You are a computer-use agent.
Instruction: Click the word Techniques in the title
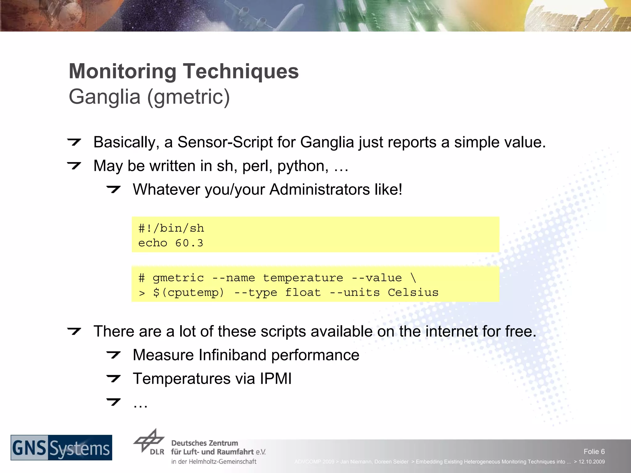tap(241, 71)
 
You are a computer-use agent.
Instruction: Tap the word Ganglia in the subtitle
tap(104, 97)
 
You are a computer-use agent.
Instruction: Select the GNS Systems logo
tap(61, 447)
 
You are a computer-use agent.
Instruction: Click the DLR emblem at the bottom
tap(149, 441)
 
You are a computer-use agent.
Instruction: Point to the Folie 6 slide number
tap(594, 451)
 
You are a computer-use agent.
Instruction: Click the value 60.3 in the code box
tap(189, 243)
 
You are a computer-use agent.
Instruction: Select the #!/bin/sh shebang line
tap(171, 228)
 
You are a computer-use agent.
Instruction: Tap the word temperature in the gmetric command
tap(303, 278)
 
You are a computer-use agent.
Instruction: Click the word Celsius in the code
tap(413, 293)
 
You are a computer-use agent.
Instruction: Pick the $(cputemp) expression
tap(189, 293)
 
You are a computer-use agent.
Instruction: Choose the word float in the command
tap(303, 293)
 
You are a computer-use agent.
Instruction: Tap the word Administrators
tap(320, 189)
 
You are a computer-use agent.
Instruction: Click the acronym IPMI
tap(275, 378)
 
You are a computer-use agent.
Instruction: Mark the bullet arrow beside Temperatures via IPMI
tap(113, 378)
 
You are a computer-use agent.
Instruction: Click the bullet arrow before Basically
tap(74, 142)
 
